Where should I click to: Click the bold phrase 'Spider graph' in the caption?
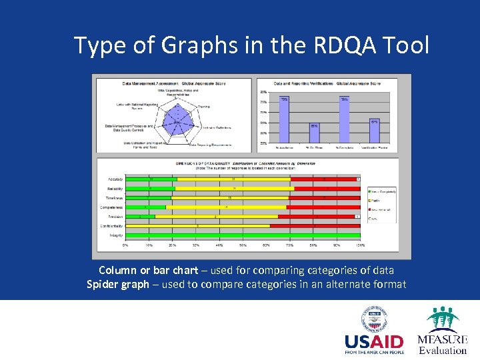pos(117,285)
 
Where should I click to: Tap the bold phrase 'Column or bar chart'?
pos(148,270)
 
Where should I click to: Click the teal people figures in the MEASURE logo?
pos(443,320)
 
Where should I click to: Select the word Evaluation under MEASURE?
pos(443,351)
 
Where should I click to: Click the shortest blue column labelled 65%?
pos(313,135)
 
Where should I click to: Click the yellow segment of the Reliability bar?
pos(233,189)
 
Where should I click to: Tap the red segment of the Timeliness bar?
pos(324,198)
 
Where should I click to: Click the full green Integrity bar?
pos(243,235)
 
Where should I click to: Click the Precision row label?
pos(115,217)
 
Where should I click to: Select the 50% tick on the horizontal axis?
pos(243,245)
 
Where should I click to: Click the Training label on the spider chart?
pos(204,106)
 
